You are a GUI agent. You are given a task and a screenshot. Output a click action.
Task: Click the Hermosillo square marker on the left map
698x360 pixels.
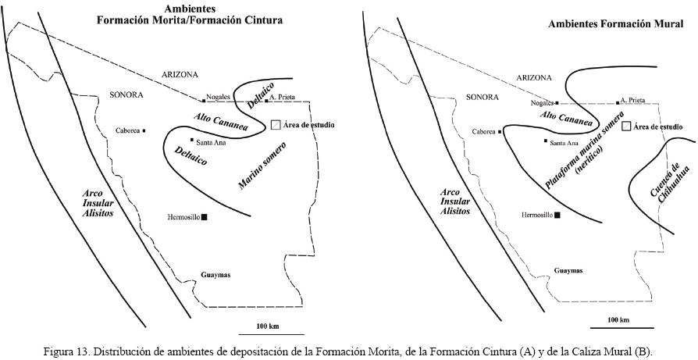click(205, 217)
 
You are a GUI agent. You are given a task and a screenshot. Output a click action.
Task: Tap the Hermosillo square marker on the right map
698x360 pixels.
click(557, 213)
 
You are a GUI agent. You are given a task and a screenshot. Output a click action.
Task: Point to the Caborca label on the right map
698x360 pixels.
click(484, 131)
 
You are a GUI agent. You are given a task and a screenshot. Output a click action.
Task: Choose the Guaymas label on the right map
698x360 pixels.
click(568, 271)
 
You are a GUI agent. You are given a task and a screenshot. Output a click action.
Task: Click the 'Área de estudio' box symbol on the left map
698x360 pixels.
click(275, 125)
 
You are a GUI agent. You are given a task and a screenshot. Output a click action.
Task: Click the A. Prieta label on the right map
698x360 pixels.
click(632, 100)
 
